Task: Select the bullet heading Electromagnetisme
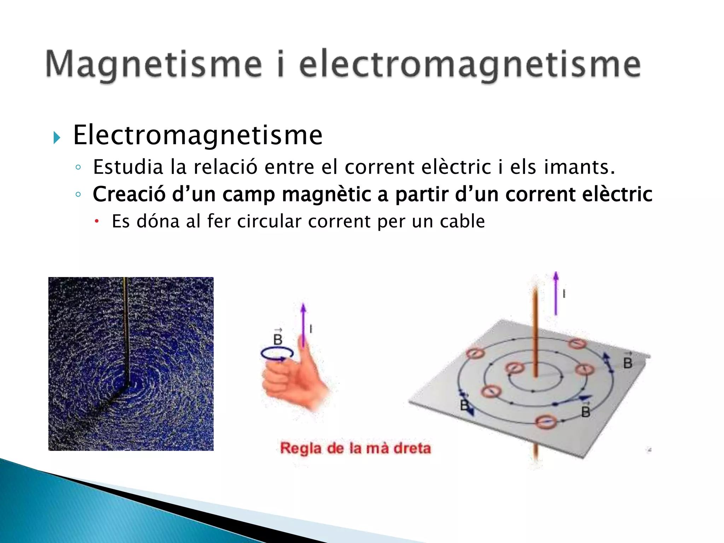pos(198,135)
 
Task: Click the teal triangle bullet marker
pos(57,137)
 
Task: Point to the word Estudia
pos(128,167)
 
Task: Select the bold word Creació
pos(129,194)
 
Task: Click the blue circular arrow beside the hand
pos(277,354)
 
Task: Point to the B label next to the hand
pos(278,339)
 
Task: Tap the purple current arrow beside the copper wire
pos(556,293)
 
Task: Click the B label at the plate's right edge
pos(627,362)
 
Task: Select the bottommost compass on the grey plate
pos(546,421)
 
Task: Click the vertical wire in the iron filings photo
pos(126,329)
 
